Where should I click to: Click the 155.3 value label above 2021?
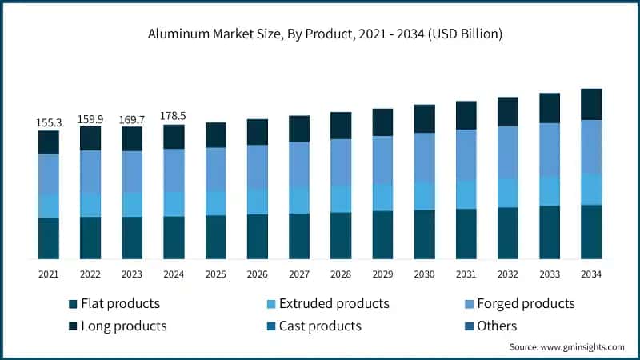click(49, 123)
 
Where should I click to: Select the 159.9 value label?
click(90, 119)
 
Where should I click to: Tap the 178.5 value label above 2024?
click(174, 117)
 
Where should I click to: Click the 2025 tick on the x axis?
click(216, 274)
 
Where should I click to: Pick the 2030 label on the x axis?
click(424, 274)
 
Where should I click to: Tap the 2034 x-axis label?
click(590, 274)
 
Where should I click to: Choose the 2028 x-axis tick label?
click(341, 274)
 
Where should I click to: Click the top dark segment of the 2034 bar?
click(590, 104)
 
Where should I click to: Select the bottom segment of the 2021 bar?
click(49, 238)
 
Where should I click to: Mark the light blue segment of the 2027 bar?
click(299, 201)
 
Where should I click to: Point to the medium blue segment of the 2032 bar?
click(507, 153)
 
